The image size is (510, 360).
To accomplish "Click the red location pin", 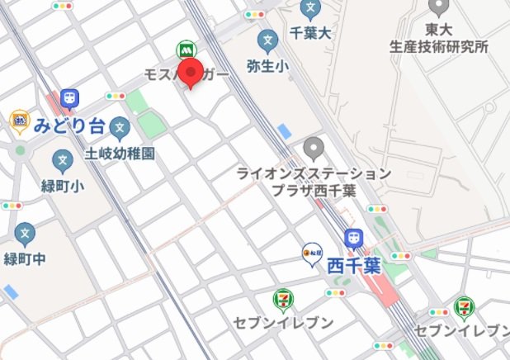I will click(x=191, y=73).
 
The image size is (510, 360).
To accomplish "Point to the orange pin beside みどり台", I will click(x=19, y=122).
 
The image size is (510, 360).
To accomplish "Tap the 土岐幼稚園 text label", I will click(x=120, y=154).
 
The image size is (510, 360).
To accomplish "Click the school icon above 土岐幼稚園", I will click(x=120, y=129).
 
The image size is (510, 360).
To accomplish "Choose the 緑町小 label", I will click(x=64, y=187).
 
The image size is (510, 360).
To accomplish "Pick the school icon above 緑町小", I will click(x=63, y=160).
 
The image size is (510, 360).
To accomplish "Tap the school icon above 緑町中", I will click(x=26, y=233).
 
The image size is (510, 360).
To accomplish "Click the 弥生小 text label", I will click(x=267, y=64).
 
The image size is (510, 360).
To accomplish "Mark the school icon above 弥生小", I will click(x=267, y=39).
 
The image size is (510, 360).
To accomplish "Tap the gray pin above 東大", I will click(x=438, y=7).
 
